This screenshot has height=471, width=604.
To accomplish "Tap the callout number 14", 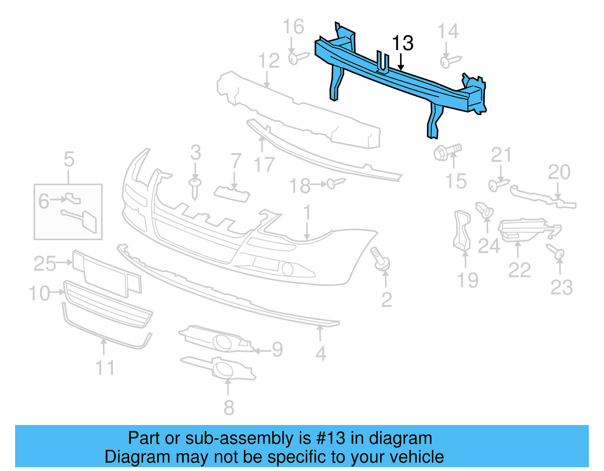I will [x=448, y=31].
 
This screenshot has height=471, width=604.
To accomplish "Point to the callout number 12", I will [x=269, y=61].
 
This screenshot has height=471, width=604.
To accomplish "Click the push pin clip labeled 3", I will [x=195, y=188].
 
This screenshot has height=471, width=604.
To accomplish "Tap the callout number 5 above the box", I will [x=69, y=160].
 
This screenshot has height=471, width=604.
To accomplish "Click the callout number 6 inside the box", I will [x=44, y=201].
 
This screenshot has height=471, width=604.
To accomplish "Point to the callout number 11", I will [x=105, y=368].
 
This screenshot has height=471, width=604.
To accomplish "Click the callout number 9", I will [x=277, y=350].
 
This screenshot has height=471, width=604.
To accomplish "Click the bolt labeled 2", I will [x=382, y=261].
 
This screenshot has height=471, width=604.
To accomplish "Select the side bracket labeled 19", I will [x=462, y=230].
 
